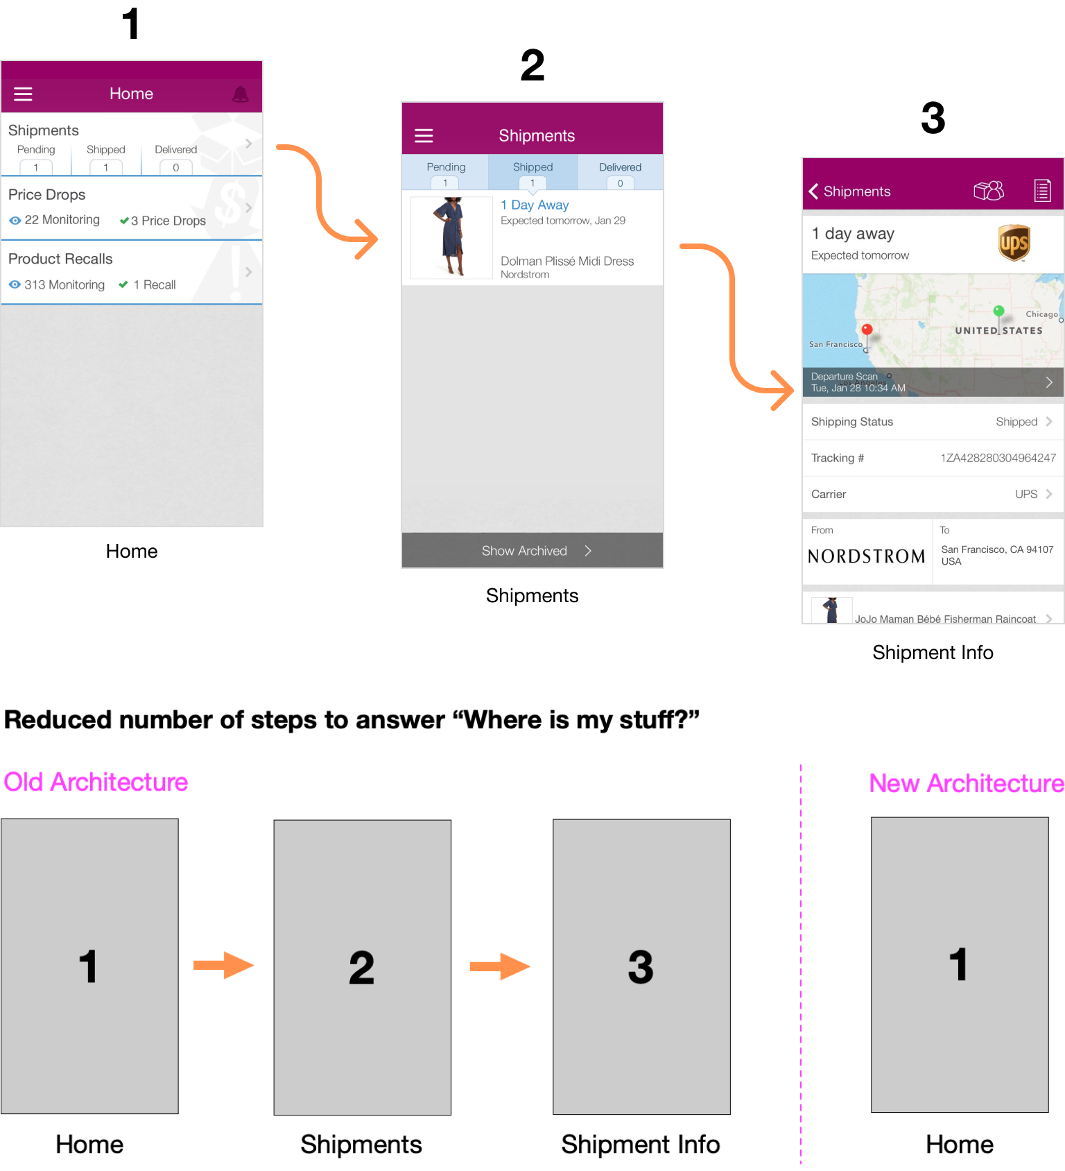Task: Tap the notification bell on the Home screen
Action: coord(241,94)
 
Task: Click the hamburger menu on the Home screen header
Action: coord(24,94)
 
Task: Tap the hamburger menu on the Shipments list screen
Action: coord(424,135)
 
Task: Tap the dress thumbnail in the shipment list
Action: coord(451,237)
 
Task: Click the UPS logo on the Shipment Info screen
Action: coord(1014,242)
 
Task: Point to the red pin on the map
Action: coord(867,331)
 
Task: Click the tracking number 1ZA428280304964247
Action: coord(998,458)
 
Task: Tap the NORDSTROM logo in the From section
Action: coord(867,556)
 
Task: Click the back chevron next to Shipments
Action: coord(813,191)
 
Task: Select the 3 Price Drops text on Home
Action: coord(168,221)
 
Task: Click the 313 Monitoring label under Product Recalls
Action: coord(64,284)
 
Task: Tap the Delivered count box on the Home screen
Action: coord(176,167)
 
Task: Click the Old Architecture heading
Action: coord(96,782)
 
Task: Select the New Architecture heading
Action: coord(967,783)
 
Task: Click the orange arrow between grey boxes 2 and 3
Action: coord(500,966)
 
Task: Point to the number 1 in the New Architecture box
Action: coord(959,964)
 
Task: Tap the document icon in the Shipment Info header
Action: coord(1043,190)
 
